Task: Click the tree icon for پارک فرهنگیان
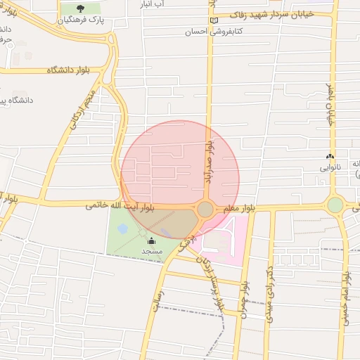79,9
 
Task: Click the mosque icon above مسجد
150,241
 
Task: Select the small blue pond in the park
123,229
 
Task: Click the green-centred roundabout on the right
335,205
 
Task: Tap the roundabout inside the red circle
205,209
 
